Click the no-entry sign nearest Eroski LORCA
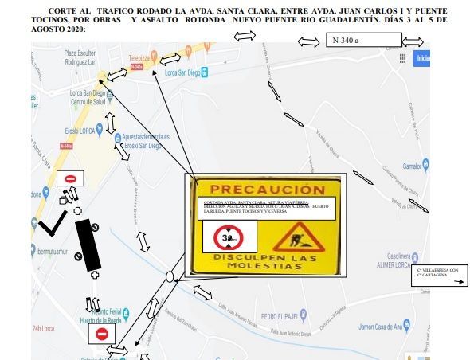70,179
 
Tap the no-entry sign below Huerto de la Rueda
101,334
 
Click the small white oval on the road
170,277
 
